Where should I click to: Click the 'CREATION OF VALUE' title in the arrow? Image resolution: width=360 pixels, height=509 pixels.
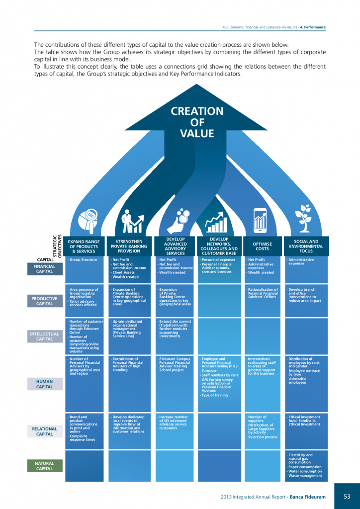(197, 122)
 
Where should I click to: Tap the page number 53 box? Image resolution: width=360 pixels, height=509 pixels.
(347, 496)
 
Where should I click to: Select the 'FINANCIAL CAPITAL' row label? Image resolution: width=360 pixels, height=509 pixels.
(45, 269)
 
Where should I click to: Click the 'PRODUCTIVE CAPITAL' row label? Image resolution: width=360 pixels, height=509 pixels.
(45, 301)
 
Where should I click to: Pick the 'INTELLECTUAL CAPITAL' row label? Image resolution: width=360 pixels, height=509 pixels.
(45, 337)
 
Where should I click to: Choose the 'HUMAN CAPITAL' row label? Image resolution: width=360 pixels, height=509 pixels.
(45, 384)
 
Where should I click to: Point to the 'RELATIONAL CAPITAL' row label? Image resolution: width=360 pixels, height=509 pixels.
(45, 431)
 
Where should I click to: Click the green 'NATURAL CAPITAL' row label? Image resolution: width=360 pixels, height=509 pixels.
(44, 466)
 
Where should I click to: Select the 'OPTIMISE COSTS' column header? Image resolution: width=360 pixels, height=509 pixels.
(262, 246)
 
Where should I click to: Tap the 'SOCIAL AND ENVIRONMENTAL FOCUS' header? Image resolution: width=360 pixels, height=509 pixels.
(306, 246)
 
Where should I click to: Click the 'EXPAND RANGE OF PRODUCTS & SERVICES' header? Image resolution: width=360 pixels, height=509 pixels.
(84, 246)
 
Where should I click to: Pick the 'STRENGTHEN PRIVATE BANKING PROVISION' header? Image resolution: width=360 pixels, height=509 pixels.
(129, 246)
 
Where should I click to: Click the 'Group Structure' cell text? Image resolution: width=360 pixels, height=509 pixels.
(83, 260)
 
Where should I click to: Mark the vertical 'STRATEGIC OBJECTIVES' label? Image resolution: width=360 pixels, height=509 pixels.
(57, 246)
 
